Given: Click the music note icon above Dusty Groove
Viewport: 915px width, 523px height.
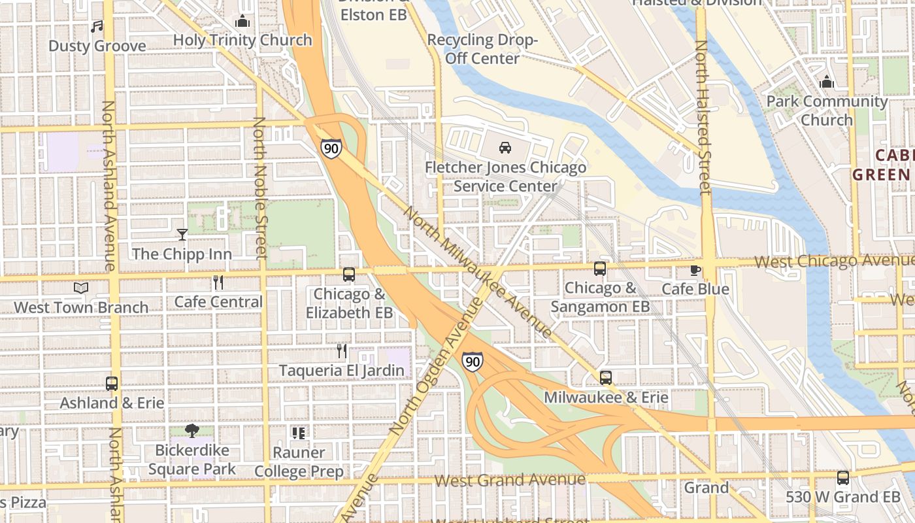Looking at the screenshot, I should click(x=97, y=27).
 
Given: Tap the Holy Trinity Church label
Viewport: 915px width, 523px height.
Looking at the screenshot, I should click(x=242, y=40).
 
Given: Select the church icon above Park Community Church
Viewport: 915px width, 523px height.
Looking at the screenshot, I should click(x=827, y=82).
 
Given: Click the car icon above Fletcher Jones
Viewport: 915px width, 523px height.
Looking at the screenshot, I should click(x=505, y=148).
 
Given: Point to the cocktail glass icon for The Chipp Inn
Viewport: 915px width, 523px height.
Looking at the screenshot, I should click(x=182, y=234).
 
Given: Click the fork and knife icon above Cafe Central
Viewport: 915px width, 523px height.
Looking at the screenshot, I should click(x=218, y=282).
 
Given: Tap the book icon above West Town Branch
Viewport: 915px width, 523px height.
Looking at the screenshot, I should click(x=81, y=288).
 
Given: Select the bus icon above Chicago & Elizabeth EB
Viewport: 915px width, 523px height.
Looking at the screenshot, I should click(x=349, y=275).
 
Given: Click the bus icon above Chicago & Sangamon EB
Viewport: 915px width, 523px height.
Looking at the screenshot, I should click(x=600, y=268).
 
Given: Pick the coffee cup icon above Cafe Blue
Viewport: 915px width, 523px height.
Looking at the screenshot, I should click(x=695, y=270).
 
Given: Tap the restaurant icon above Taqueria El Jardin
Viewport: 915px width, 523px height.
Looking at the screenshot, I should click(x=342, y=351).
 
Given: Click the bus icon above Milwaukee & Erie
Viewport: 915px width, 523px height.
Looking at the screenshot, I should click(x=606, y=378).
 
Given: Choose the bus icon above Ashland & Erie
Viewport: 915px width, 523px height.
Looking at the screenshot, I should click(x=112, y=384).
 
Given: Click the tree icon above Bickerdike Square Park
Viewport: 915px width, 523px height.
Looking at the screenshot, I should click(x=191, y=431).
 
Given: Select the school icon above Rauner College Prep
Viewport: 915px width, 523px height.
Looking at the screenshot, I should click(x=299, y=433).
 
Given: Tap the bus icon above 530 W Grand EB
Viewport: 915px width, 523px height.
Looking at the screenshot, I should click(x=843, y=478).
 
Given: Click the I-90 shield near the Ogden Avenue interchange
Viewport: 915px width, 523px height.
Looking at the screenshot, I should click(x=472, y=362).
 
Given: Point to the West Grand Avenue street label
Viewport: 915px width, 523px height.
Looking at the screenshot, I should click(x=510, y=481).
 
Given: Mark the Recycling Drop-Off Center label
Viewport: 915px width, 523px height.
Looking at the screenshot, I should click(x=482, y=49).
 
